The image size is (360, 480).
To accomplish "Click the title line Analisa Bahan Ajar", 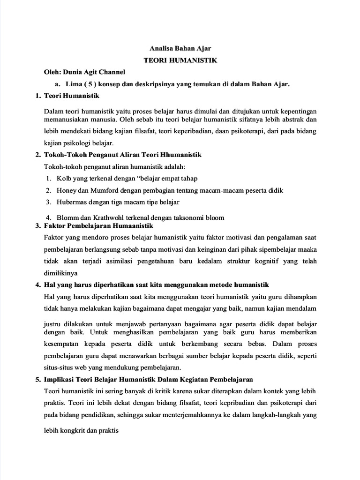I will pos(180,48).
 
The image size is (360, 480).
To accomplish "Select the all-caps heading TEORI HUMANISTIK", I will pos(180,60).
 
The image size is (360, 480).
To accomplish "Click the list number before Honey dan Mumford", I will pos(48,190).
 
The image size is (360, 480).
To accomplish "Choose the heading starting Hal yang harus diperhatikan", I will pos(156,285).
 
